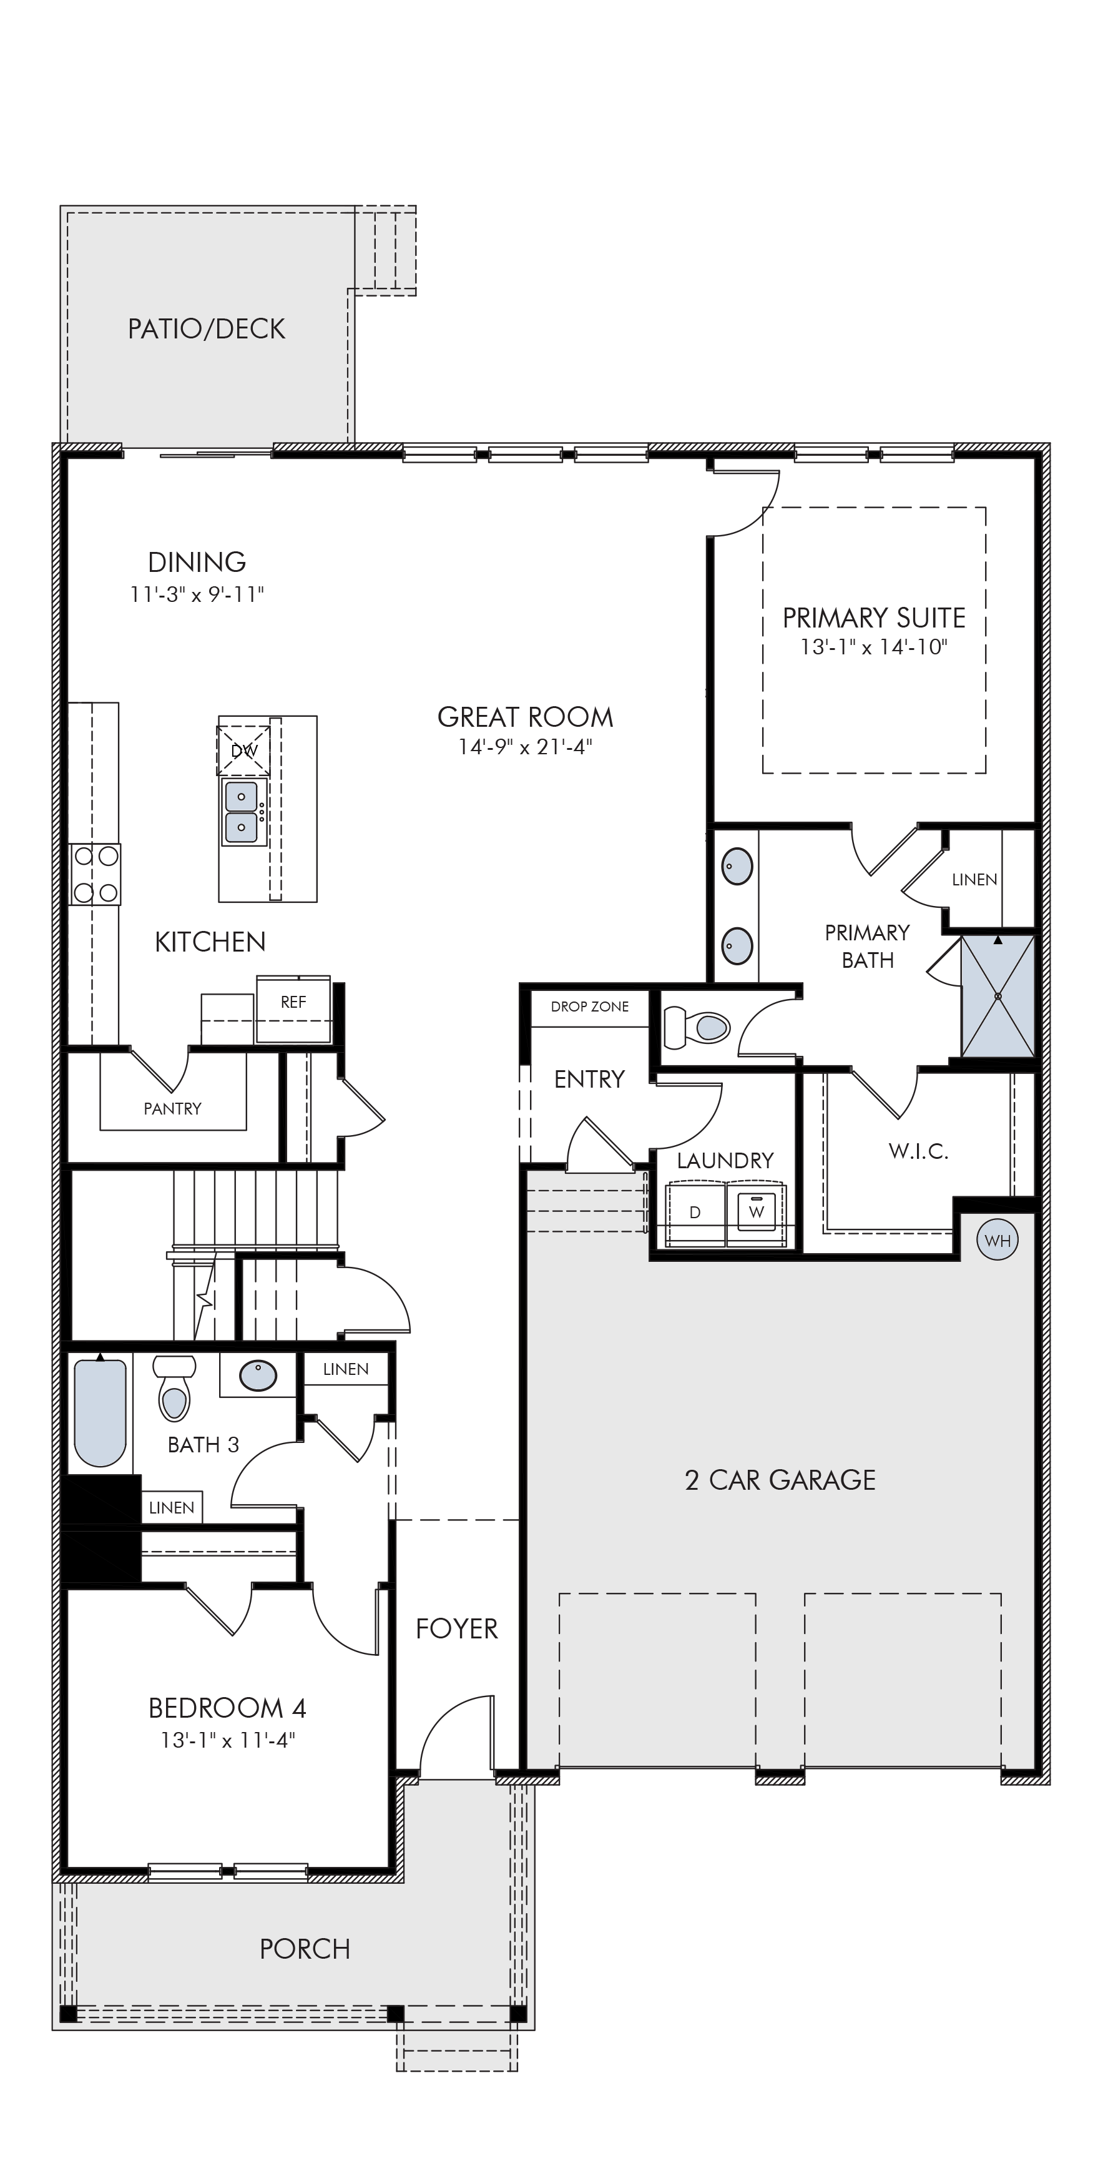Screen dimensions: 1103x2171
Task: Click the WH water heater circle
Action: (x=997, y=1240)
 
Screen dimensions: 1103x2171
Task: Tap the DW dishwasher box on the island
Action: (x=243, y=750)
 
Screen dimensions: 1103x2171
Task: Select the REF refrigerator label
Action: (x=293, y=1002)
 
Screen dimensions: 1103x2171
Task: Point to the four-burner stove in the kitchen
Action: (x=96, y=874)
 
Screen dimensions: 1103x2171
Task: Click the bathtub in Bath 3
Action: (x=100, y=1412)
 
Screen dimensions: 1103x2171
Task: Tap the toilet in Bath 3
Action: (x=174, y=1387)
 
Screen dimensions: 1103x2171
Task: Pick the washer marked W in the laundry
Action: (x=757, y=1212)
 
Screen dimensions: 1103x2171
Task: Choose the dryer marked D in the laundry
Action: (x=696, y=1213)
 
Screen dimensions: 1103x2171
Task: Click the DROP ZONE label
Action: (x=590, y=1007)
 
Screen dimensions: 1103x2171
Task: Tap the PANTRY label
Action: (x=173, y=1108)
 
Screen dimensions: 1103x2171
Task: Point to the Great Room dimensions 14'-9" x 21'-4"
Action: (x=526, y=747)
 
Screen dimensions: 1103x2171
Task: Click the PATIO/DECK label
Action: (x=207, y=328)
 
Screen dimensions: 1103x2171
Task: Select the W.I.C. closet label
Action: (x=918, y=1151)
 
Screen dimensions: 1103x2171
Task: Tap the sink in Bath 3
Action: (x=258, y=1376)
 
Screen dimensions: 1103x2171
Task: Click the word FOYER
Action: (x=457, y=1629)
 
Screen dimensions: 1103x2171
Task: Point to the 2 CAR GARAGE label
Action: (x=780, y=1480)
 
